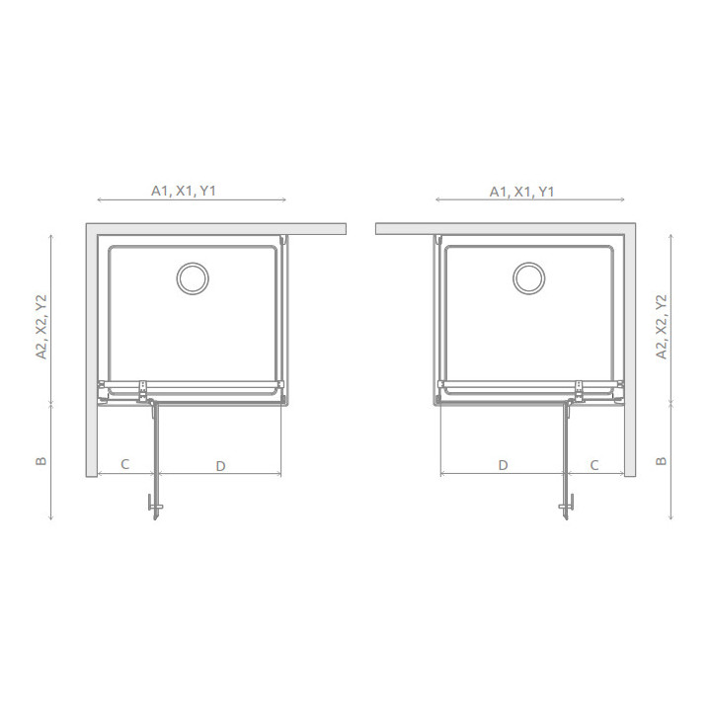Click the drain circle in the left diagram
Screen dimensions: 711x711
[x=193, y=277]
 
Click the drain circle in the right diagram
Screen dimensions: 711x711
[x=529, y=277]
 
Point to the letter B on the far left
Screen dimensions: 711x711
[x=41, y=461]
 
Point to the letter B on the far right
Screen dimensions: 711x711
[x=662, y=461]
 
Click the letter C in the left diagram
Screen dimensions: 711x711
[x=125, y=464]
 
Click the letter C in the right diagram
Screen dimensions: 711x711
[x=594, y=464]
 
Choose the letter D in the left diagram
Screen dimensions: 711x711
[x=220, y=465]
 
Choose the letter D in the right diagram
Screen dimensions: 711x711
[x=503, y=464]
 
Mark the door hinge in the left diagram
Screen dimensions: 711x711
[x=145, y=392]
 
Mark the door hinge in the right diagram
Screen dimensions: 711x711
[x=577, y=392]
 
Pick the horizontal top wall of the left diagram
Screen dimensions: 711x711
[x=217, y=229]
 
